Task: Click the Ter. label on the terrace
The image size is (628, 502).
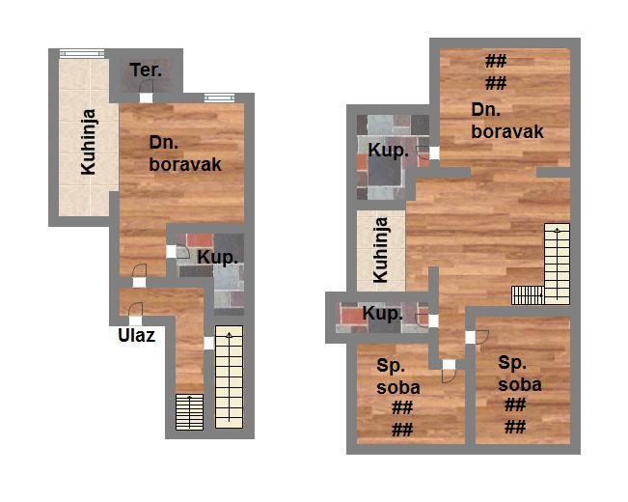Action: (146, 70)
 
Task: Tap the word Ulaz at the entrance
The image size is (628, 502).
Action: (137, 336)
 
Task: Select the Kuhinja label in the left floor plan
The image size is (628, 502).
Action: (89, 142)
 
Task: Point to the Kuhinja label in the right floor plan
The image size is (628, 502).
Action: (380, 250)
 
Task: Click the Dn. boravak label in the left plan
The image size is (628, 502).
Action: (185, 153)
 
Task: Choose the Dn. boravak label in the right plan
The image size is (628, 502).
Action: (507, 121)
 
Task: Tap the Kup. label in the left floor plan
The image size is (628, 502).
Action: (217, 258)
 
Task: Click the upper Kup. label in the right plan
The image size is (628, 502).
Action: (389, 151)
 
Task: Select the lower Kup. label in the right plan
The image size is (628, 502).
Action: (382, 314)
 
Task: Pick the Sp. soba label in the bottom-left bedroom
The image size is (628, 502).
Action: (398, 376)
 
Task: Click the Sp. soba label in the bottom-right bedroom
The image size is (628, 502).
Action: (519, 374)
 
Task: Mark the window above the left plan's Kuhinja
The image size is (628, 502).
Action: (82, 53)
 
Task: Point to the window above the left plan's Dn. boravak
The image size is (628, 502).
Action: (220, 98)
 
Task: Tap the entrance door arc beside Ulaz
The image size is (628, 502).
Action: (136, 309)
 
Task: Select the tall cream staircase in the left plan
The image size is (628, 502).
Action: (229, 376)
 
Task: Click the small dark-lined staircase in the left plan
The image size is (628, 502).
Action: (189, 412)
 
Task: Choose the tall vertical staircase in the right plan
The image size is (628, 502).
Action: (557, 264)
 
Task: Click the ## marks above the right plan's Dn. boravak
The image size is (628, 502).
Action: (496, 72)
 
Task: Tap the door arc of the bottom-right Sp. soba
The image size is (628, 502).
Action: (482, 337)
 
